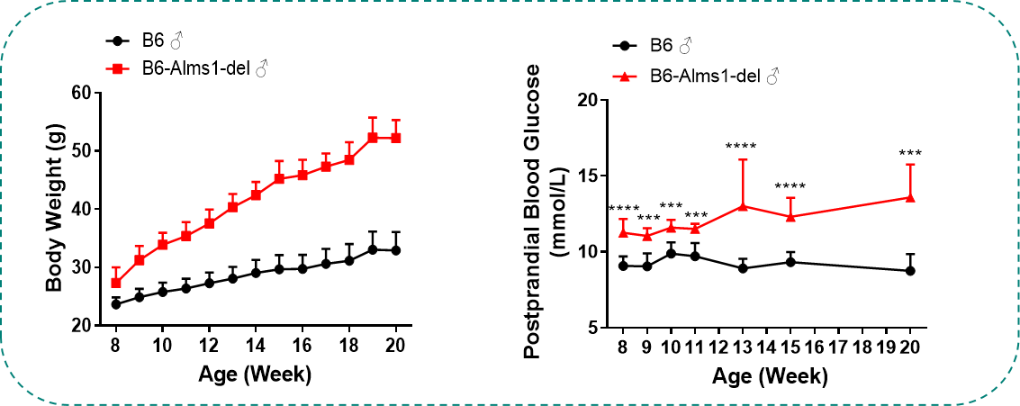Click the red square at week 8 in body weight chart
click(x=115, y=283)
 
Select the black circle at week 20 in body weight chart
click(x=395, y=250)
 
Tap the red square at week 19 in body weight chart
click(x=372, y=138)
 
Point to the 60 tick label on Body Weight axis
click(x=83, y=93)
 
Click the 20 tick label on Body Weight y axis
click(x=83, y=326)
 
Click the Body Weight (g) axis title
click(x=54, y=209)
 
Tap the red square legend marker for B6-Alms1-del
click(x=115, y=68)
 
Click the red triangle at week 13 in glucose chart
click(x=743, y=205)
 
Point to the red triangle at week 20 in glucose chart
click(x=909, y=197)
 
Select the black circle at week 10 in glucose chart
click(x=671, y=253)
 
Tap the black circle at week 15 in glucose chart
click(x=790, y=262)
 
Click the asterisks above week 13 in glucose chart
click(x=742, y=147)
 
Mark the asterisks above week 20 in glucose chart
click(x=909, y=154)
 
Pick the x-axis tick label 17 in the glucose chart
click(x=838, y=347)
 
